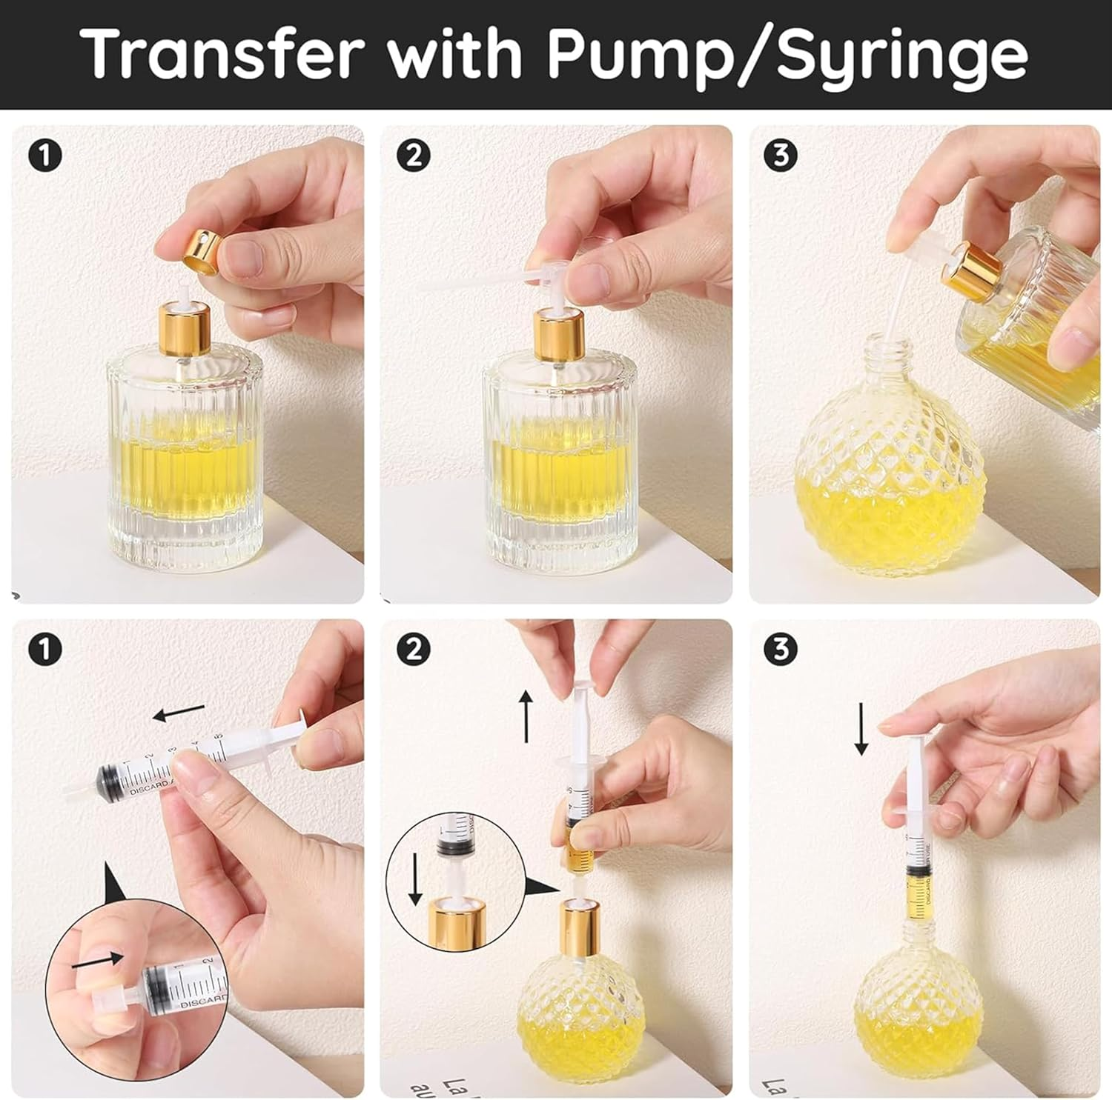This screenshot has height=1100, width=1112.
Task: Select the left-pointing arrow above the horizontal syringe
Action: [178, 713]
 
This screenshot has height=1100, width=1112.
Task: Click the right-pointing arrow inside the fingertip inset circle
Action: [96, 960]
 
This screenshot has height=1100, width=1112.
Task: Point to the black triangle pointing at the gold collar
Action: [543, 887]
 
